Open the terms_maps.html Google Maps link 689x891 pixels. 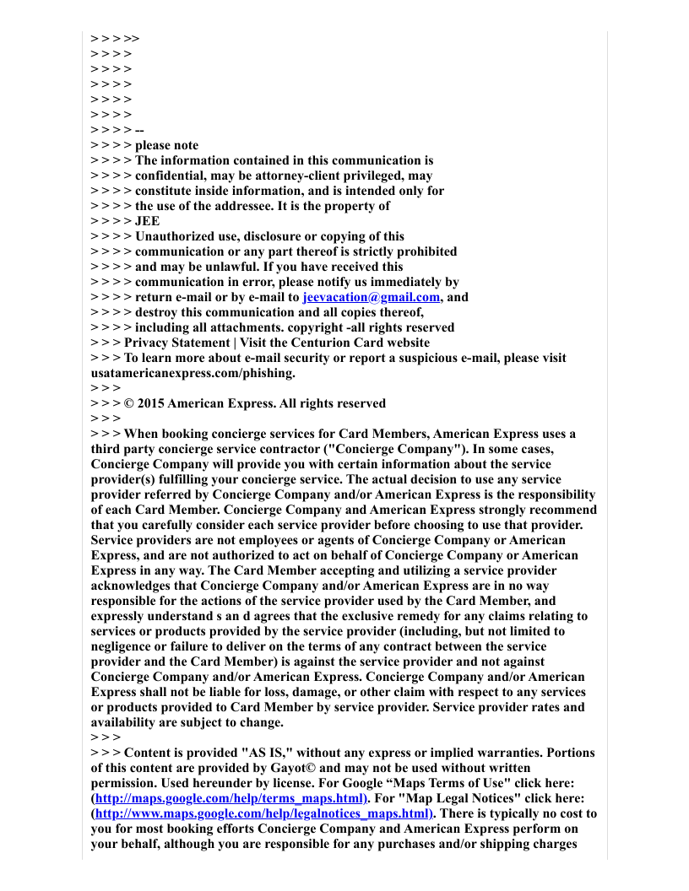(230, 798)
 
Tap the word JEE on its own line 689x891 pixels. (147, 221)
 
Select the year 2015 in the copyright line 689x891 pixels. (152, 403)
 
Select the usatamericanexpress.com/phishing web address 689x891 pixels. (193, 373)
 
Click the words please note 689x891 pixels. (167, 145)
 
